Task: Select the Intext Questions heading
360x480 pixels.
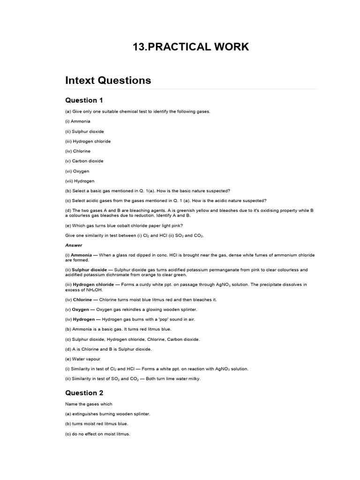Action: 108,80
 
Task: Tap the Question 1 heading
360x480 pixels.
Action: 84,100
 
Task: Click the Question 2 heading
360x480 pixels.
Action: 84,393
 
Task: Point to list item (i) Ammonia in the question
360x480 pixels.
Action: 78,121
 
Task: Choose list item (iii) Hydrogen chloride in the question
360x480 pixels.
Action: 88,141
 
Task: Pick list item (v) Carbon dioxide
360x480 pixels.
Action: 84,161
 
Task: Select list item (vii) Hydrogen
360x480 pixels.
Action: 80,181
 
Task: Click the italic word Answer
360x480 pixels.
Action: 74,245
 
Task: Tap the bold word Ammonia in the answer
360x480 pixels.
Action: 81,255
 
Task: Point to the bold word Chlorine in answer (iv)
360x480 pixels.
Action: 82,300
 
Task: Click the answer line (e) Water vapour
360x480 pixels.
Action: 83,359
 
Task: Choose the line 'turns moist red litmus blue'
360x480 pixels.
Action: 97,424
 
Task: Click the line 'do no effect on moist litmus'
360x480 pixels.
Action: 97,434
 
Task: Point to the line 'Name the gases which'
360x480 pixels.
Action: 89,404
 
